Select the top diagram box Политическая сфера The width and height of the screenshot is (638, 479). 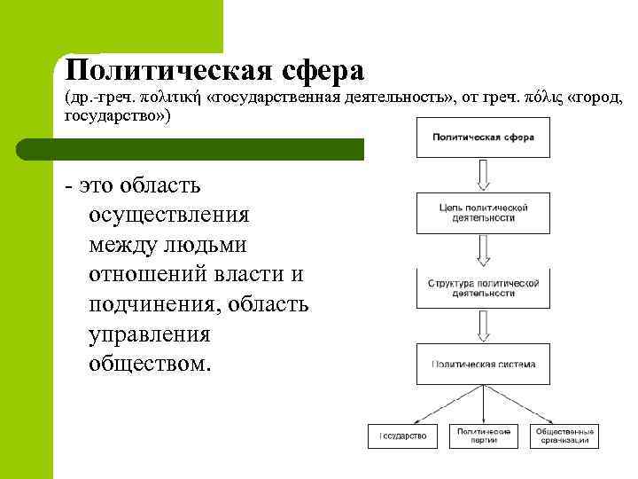(482, 137)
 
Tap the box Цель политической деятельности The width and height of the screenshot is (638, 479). (482, 213)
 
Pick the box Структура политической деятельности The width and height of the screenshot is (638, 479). (482, 287)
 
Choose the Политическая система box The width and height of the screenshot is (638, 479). (482, 364)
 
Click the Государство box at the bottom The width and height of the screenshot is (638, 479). (403, 436)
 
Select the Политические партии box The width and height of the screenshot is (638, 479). (482, 436)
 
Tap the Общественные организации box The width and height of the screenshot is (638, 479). (564, 436)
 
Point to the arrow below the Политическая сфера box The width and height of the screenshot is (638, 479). (482, 175)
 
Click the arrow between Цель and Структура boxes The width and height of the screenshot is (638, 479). (482, 250)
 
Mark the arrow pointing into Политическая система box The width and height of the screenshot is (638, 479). (482, 326)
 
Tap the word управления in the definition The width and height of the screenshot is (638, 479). (150, 334)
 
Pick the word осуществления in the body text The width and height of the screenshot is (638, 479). (169, 215)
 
